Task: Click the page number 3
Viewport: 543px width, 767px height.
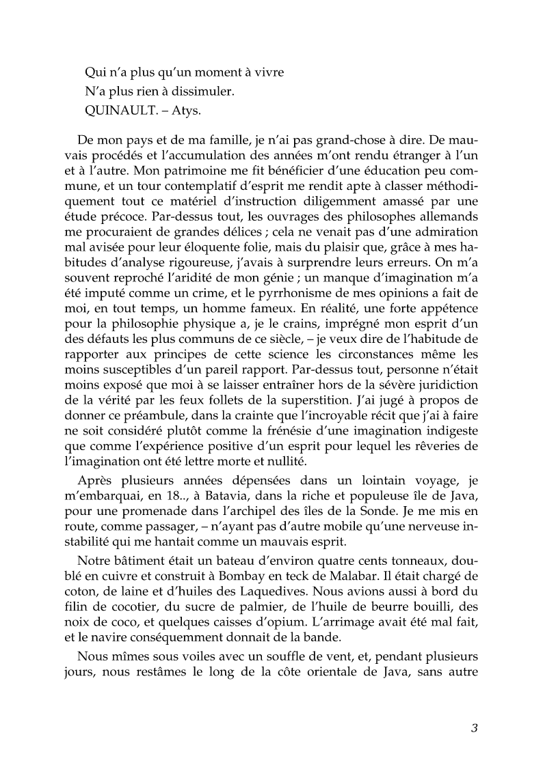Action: click(473, 727)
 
